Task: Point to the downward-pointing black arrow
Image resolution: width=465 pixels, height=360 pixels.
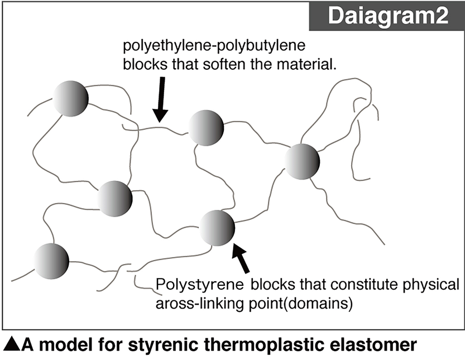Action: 161,98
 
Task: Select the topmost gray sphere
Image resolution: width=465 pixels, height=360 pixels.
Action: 71,99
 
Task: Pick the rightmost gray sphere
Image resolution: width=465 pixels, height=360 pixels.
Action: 302,161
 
